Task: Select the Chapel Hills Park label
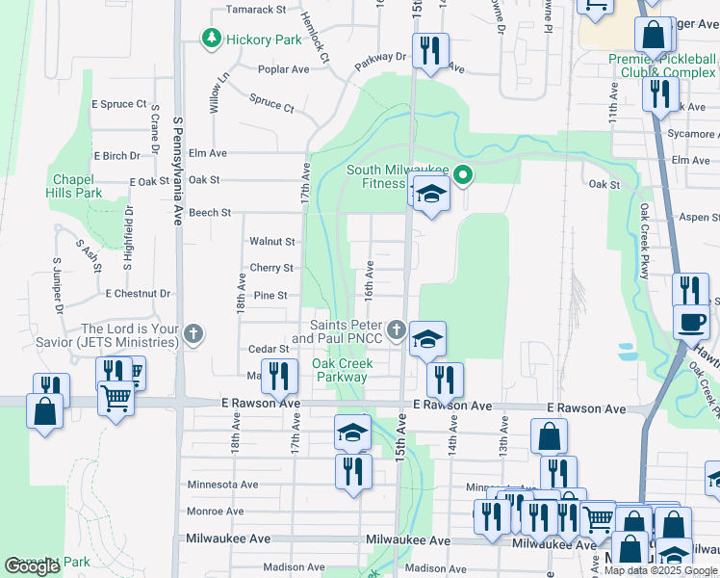click(x=77, y=186)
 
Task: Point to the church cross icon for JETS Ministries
click(x=193, y=334)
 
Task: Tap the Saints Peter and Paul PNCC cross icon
click(x=396, y=331)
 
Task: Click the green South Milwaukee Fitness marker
click(x=463, y=175)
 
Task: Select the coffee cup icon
click(x=690, y=322)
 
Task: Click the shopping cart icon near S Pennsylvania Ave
click(x=116, y=396)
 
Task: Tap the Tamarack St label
click(x=256, y=10)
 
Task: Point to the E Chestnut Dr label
click(x=138, y=293)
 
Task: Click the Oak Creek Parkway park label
click(x=342, y=371)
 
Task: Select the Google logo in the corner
click(x=32, y=566)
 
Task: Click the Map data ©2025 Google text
click(x=659, y=570)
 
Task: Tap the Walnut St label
click(x=271, y=242)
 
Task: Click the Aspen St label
click(x=699, y=219)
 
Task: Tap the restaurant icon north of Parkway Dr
click(x=428, y=50)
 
